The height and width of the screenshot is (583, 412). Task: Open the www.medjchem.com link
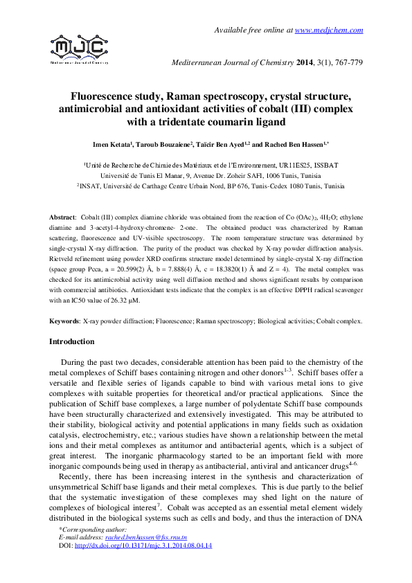point(329,30)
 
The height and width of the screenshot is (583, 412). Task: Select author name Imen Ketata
point(112,145)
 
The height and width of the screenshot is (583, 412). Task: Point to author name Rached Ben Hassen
point(291,145)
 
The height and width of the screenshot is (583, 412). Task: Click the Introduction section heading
point(72,342)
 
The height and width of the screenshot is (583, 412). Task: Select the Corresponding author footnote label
point(89,530)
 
